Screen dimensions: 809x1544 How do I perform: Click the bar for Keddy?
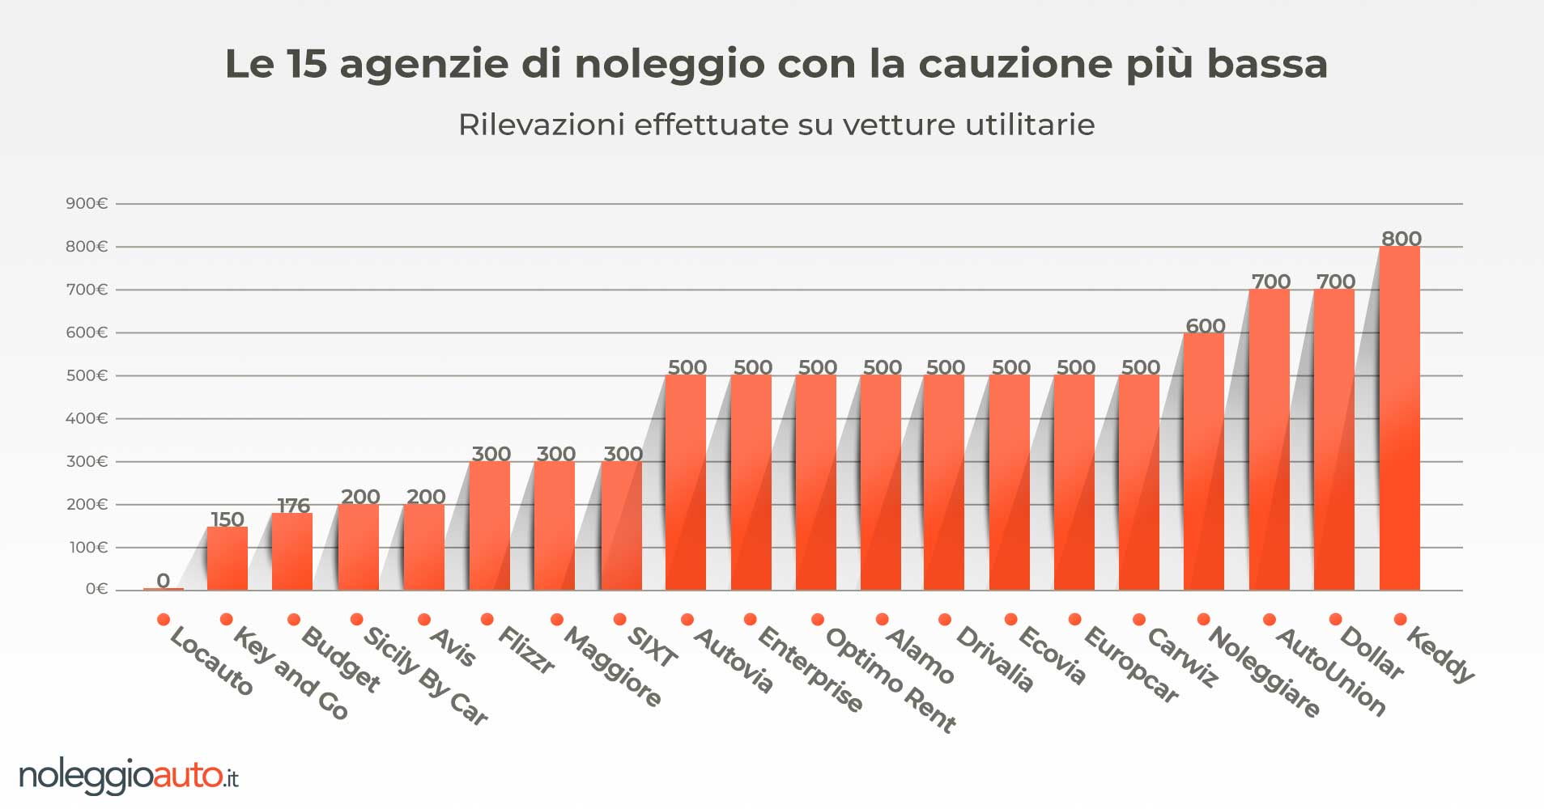tap(1399, 418)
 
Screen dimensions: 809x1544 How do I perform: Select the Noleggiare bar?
tap(1203, 461)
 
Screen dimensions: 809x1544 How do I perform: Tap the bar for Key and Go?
tap(227, 558)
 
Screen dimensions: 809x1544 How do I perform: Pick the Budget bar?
tap(292, 552)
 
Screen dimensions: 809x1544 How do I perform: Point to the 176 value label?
tap(293, 506)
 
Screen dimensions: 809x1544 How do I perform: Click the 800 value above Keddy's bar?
tap(1402, 239)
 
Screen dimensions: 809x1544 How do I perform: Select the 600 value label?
tap(1205, 326)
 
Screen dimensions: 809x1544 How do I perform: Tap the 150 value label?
tap(228, 519)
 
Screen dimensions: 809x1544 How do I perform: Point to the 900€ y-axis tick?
tap(87, 204)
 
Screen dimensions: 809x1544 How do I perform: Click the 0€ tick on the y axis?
tap(96, 590)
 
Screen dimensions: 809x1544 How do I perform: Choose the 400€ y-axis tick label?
tap(87, 419)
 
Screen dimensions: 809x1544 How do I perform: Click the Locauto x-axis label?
tap(211, 662)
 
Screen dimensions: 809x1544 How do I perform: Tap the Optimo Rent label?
tap(891, 680)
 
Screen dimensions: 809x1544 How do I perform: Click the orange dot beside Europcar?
tap(1074, 620)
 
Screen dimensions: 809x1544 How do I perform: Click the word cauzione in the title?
tap(1014, 64)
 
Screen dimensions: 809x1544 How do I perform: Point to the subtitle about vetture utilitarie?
tap(776, 125)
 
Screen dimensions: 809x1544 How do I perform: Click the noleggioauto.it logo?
tap(129, 777)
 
